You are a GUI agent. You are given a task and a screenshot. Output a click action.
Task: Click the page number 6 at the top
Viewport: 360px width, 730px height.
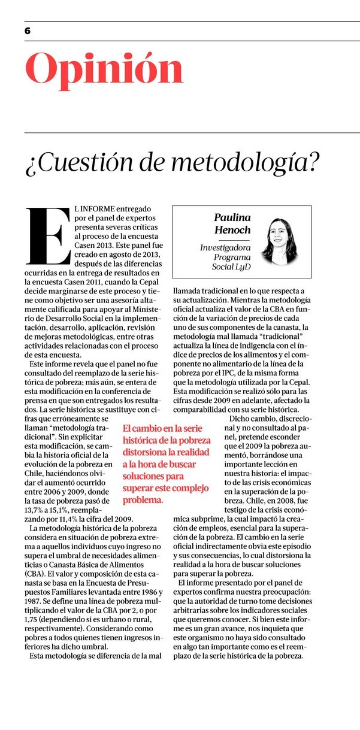28,31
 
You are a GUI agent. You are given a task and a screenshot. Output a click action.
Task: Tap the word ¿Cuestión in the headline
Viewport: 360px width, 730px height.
70,161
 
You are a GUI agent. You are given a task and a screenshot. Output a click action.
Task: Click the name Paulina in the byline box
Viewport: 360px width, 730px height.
232,217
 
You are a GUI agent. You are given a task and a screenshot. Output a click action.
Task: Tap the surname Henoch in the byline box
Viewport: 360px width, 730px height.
232,231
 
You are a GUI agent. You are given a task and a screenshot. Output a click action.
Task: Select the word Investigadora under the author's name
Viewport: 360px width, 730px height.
225,247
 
